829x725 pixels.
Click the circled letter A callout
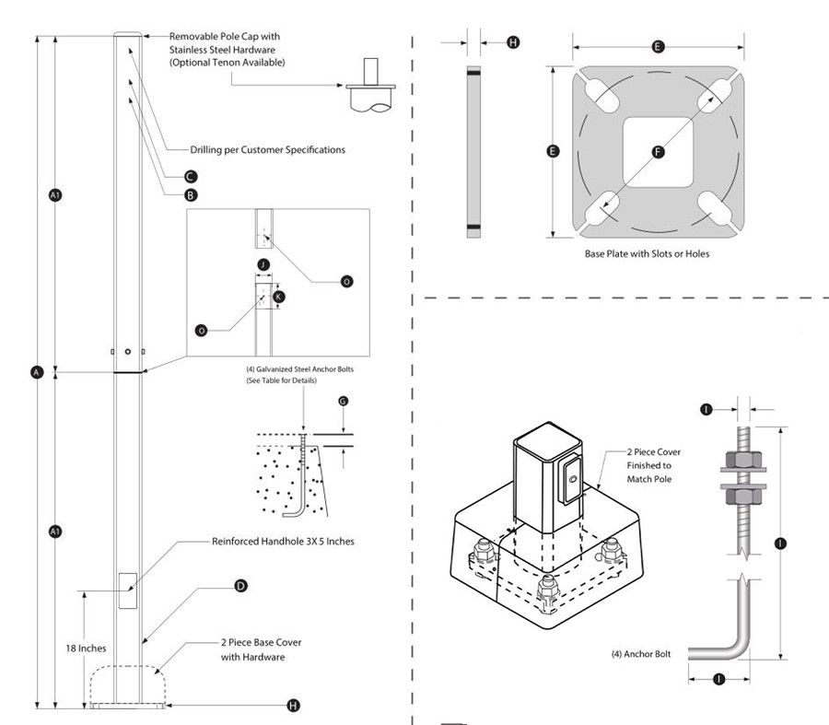coord(37,372)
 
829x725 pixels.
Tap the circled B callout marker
coord(190,195)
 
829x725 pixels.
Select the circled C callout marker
coord(189,176)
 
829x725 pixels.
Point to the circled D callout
coord(240,585)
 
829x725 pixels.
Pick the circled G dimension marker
coord(343,402)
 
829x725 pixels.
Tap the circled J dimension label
coord(263,265)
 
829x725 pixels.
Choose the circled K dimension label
coord(281,297)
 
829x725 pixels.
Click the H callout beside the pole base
coord(293,706)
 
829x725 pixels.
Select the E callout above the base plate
coord(658,44)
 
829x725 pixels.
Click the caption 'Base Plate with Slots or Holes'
coord(648,253)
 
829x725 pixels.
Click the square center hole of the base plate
coord(657,152)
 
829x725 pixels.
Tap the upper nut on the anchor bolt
coord(739,458)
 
